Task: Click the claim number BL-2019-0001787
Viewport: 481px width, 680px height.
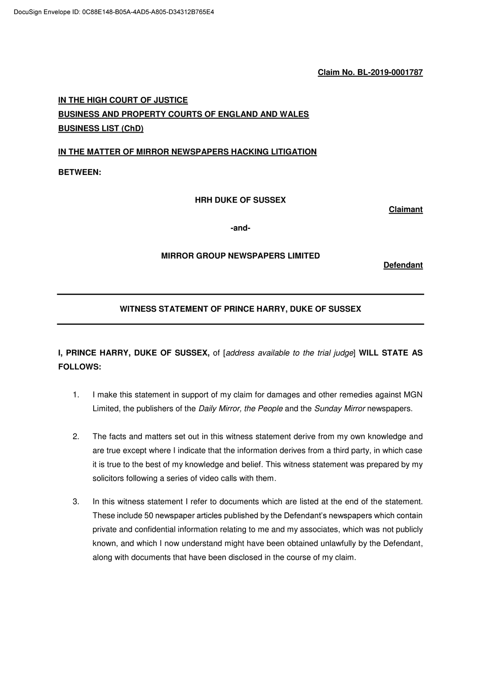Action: point(390,73)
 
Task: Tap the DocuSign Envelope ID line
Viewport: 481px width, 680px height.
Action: point(114,12)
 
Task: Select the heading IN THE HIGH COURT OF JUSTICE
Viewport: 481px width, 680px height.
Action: point(123,100)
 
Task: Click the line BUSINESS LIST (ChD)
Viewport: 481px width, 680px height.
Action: point(100,129)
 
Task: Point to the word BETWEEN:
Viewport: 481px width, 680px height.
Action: point(80,173)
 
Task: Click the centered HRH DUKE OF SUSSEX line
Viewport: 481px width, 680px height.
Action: point(240,200)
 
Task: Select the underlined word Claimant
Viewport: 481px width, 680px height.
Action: point(406,210)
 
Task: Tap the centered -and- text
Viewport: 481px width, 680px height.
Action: point(240,228)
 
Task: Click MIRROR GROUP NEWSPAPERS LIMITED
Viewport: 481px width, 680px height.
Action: point(240,256)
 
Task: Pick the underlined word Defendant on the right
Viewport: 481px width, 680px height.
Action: point(403,265)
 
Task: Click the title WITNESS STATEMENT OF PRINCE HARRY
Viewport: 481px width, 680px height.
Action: point(240,309)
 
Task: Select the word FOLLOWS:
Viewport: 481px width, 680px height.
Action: point(80,367)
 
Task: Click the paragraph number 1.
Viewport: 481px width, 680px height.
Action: point(76,395)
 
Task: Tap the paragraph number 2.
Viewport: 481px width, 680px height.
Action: point(76,437)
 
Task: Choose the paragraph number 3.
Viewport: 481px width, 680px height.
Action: point(76,502)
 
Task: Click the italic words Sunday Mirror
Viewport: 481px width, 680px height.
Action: point(340,409)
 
